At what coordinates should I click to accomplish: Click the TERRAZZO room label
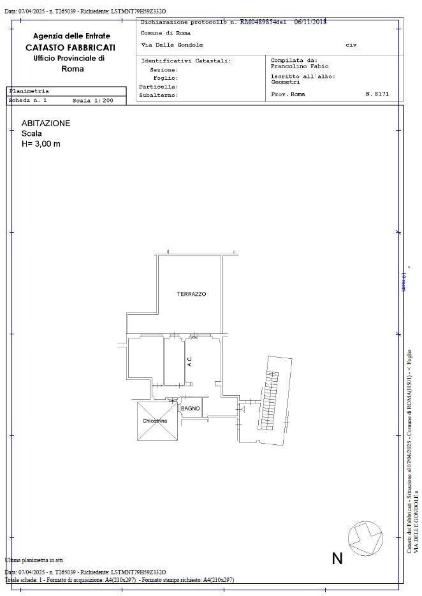coord(191,294)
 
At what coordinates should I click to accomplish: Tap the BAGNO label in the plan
coord(190,408)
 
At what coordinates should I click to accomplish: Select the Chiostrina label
coord(155,421)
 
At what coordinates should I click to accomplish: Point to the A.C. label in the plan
coord(189,361)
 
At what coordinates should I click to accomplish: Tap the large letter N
coord(337,558)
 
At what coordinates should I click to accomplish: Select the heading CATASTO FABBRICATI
coord(71,47)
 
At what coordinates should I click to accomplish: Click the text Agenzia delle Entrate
coord(71,36)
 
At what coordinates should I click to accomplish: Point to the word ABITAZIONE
coord(46,123)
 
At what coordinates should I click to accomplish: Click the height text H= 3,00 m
coord(41,144)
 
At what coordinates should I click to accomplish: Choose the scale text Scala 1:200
coord(92,101)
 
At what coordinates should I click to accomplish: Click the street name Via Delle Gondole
coord(171,45)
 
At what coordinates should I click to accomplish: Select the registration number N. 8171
coord(377,94)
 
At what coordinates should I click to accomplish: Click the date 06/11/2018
coord(310,21)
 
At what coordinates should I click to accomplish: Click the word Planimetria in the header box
coord(29,91)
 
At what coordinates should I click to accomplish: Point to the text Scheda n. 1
coord(28,101)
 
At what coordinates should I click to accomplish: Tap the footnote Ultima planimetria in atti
coord(34,560)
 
